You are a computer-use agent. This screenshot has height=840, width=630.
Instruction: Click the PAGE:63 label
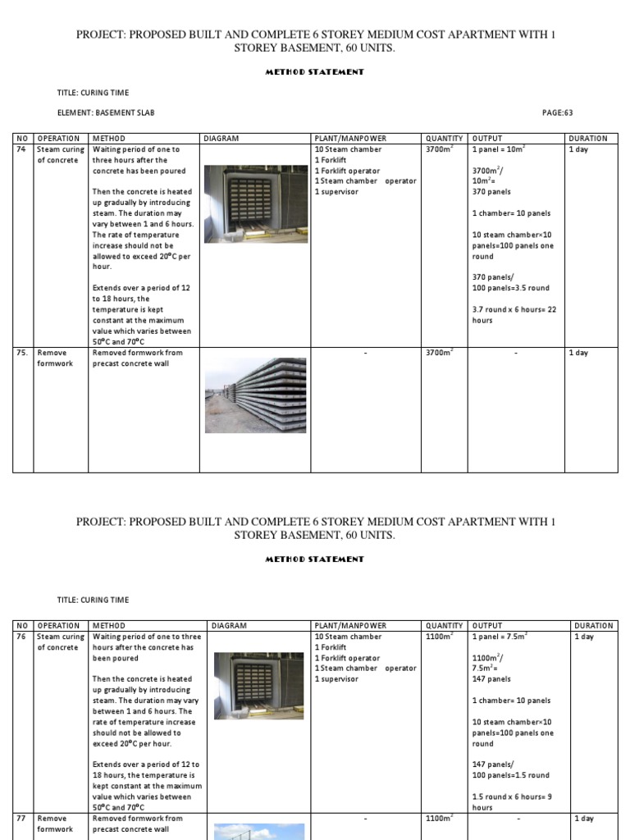tap(563, 112)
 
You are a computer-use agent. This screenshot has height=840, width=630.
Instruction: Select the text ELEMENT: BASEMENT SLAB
tap(105, 112)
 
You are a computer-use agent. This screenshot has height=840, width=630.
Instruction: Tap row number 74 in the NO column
tap(21, 150)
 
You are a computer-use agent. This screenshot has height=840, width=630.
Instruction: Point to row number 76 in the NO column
tap(21, 637)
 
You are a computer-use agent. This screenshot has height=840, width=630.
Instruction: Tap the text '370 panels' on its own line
tap(491, 192)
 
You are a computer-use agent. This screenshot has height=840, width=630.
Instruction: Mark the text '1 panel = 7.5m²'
tap(500, 637)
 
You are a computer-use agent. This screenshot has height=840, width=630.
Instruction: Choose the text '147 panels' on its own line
tap(491, 679)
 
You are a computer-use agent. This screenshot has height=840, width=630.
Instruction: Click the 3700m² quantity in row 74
tap(441, 150)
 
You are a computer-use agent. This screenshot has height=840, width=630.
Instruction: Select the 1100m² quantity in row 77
tap(441, 819)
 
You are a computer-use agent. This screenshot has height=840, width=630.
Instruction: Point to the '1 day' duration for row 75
tap(578, 354)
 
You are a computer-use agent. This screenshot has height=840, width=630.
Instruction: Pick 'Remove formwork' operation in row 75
tap(55, 358)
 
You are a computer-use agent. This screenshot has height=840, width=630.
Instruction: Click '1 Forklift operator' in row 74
tap(347, 171)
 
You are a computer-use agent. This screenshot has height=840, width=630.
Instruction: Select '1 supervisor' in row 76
tap(336, 679)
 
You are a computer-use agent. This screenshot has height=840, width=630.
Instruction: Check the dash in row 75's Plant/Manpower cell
tap(365, 354)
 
